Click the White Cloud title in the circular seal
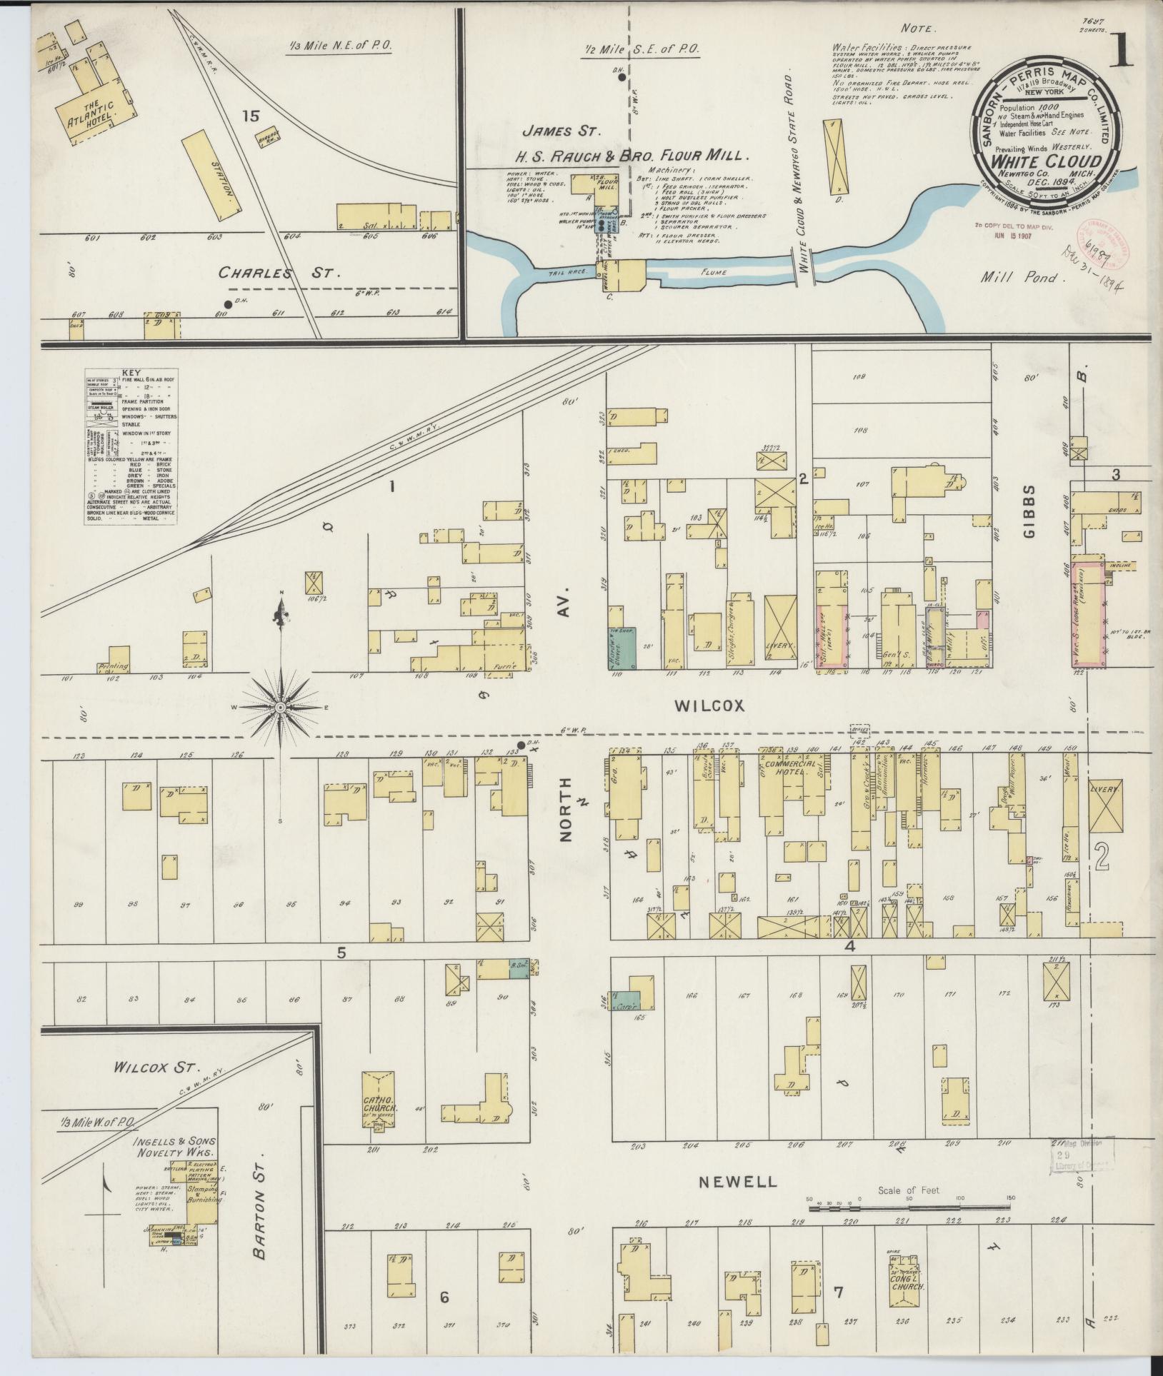1044,161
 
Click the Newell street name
737,1181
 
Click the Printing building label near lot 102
114,666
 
